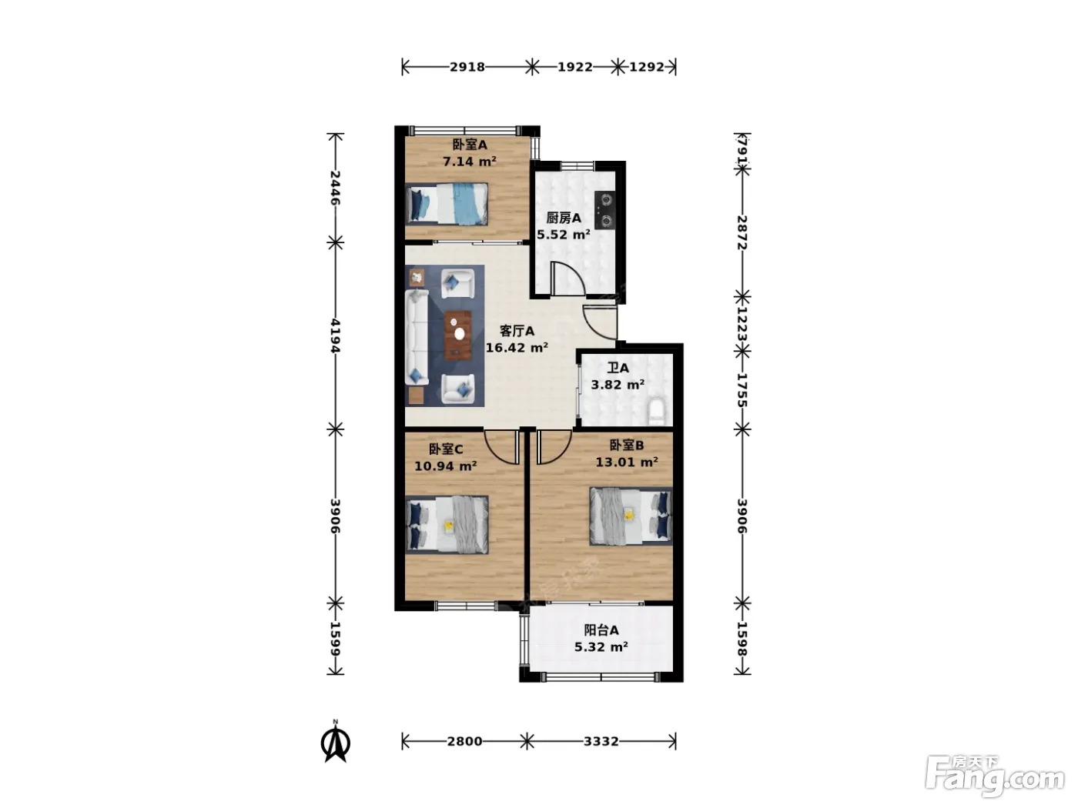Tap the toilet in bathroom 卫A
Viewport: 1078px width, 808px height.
[x=657, y=412]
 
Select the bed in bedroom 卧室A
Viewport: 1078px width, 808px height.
[x=447, y=204]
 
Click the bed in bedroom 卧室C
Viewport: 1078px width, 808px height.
[x=447, y=525]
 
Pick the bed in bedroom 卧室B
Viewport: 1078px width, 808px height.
[x=631, y=516]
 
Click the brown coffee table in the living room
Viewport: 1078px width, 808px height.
[x=458, y=335]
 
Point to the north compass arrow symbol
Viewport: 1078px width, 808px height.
[x=336, y=743]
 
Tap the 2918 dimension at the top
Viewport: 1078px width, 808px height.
[x=467, y=67]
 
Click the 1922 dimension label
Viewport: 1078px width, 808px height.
[x=575, y=67]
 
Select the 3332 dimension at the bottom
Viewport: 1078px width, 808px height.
[x=601, y=741]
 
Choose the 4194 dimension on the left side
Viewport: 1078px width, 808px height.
[x=336, y=336]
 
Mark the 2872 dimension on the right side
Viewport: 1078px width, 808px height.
[x=742, y=232]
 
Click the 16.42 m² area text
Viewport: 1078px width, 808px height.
[x=517, y=348]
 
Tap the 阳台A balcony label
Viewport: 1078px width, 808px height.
[x=601, y=630]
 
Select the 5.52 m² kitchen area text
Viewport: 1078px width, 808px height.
[x=564, y=235]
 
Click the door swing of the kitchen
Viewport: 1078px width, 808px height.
[x=567, y=279]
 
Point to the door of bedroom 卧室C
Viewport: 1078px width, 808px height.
[x=502, y=446]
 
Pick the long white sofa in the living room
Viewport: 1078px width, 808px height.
[x=417, y=338]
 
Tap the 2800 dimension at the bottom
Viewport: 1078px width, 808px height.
[x=464, y=741]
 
